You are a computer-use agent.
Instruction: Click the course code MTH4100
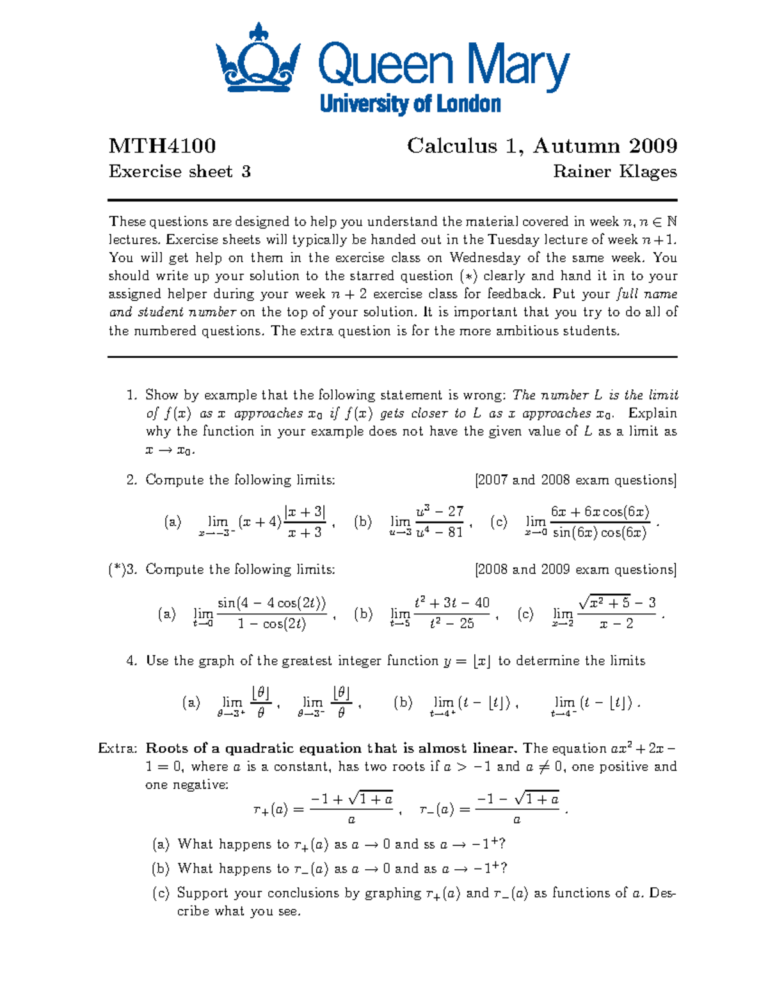point(162,146)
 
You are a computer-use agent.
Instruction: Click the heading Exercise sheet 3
point(179,172)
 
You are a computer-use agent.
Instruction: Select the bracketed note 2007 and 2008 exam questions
point(575,480)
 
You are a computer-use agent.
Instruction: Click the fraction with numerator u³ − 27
point(439,522)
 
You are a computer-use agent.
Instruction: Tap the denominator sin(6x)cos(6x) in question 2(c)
point(600,533)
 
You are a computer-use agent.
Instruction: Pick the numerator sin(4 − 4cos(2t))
point(271,603)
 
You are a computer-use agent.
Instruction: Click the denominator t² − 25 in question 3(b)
point(452,623)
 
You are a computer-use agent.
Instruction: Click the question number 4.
point(131,661)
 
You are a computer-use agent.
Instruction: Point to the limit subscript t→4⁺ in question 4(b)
point(442,714)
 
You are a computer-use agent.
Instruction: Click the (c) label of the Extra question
point(160,894)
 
